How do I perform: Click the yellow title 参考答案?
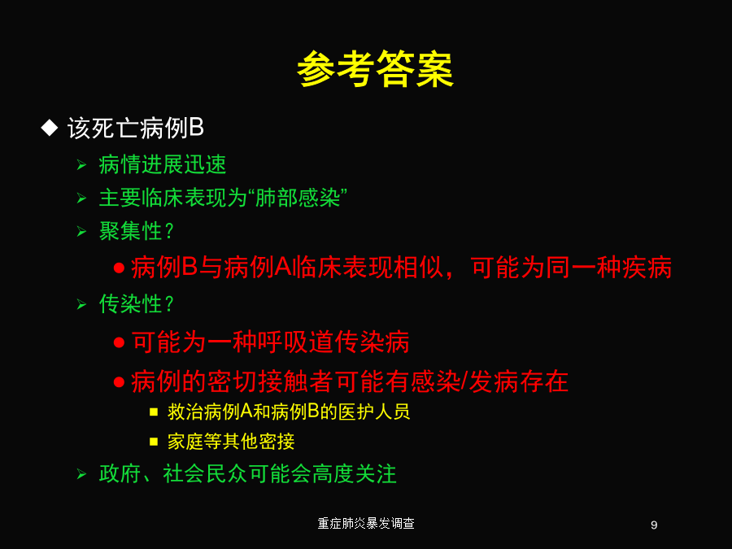click(x=375, y=69)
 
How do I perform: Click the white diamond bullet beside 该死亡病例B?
click(x=50, y=128)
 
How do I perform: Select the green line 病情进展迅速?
click(x=163, y=165)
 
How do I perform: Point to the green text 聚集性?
click(x=137, y=231)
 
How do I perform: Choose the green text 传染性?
click(x=137, y=304)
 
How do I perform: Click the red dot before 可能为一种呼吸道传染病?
click(x=119, y=342)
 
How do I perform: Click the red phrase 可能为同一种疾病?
click(x=571, y=268)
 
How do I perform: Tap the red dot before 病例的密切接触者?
click(x=119, y=382)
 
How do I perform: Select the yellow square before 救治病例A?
click(x=154, y=412)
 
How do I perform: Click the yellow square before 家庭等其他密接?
click(x=154, y=442)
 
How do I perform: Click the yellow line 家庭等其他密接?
click(x=231, y=442)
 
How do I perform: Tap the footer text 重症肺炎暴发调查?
click(x=366, y=524)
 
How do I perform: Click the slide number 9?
click(x=654, y=525)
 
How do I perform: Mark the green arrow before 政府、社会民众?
click(x=81, y=475)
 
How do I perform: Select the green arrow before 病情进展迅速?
click(x=81, y=165)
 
